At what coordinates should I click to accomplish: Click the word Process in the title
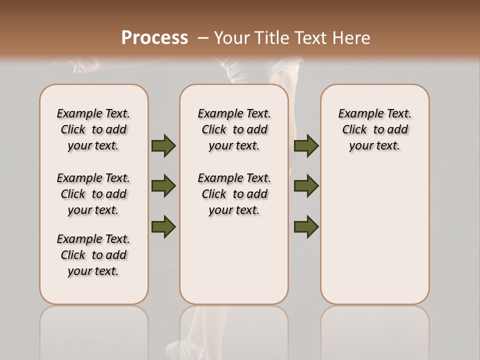click(x=154, y=38)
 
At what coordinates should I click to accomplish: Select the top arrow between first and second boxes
click(x=163, y=146)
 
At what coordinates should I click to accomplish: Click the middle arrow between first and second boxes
click(x=163, y=186)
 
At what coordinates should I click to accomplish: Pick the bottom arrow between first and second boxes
click(x=163, y=226)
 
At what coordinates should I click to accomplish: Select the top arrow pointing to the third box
click(x=306, y=146)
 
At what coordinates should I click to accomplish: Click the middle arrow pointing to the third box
click(x=306, y=186)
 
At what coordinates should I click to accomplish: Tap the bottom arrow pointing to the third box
click(x=306, y=226)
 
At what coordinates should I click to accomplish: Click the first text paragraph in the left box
click(x=93, y=129)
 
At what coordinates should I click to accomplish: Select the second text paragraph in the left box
click(x=93, y=194)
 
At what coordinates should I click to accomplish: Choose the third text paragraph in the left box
click(x=93, y=255)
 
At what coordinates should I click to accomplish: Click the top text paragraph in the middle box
click(x=234, y=129)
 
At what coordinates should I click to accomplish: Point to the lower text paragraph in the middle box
click(x=234, y=194)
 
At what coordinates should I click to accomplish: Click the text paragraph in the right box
click(x=374, y=129)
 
